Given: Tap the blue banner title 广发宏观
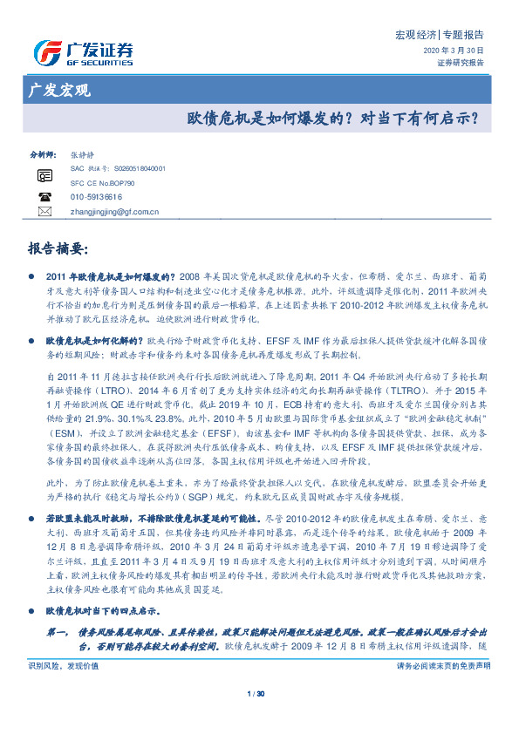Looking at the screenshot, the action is [59, 89].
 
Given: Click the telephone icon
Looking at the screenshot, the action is [44, 197].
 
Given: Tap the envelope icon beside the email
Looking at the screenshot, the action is [44, 212].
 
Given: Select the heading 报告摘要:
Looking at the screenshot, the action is [58, 248].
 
